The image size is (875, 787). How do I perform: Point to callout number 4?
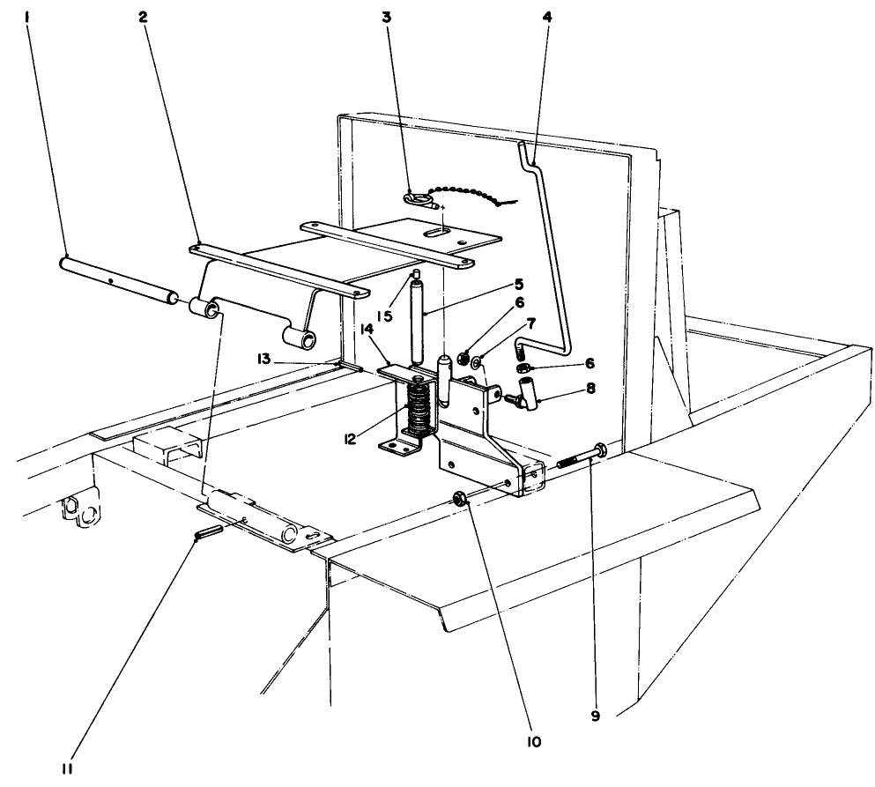(549, 17)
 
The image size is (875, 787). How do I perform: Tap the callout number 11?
(67, 768)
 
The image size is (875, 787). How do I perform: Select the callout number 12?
(352, 438)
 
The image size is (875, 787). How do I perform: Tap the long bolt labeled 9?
(577, 456)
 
